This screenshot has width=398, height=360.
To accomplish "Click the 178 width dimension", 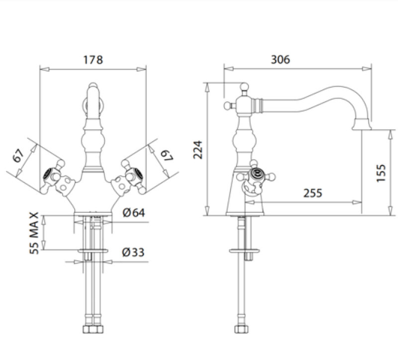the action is pos(93,60).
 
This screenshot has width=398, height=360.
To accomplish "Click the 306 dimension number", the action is pos(280,59).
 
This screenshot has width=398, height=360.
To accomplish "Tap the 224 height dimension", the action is pos(198,150).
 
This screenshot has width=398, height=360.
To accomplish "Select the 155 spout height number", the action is pos(381,173).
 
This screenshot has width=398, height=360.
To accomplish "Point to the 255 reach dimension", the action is pos(313,193).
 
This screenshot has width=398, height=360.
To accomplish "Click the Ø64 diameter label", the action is pos(134,213).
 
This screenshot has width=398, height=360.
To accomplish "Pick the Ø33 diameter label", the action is pos(133,252).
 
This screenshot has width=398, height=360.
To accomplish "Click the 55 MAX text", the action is pos(34,233).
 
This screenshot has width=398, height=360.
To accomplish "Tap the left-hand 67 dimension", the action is pos(18,155).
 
